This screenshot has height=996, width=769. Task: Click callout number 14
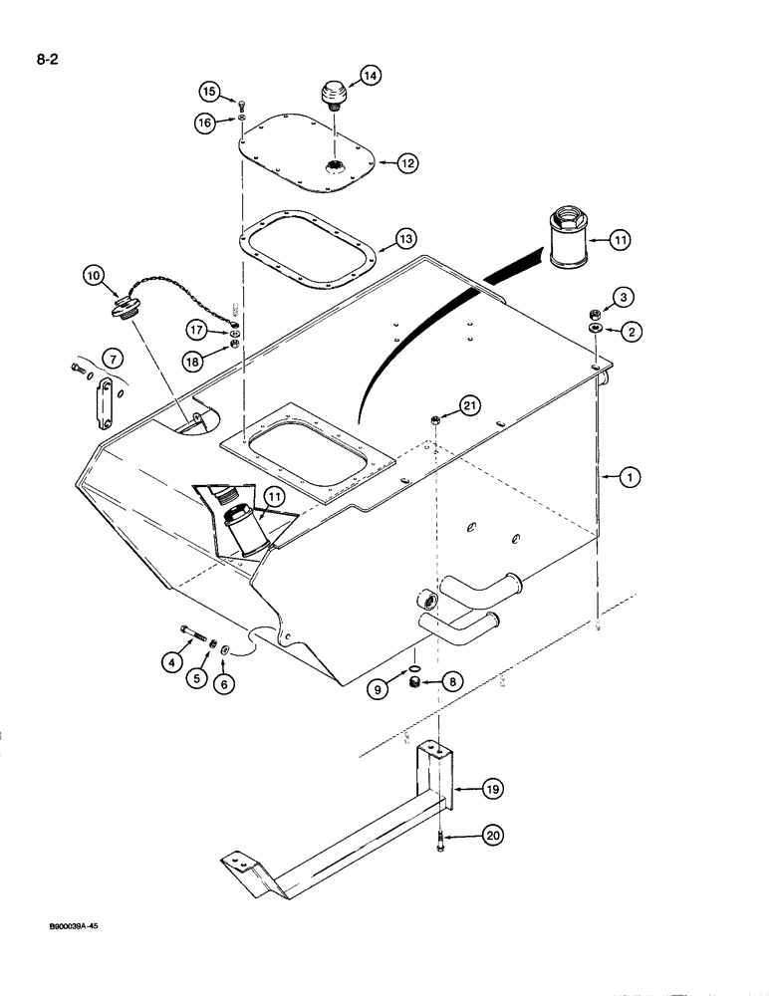343,75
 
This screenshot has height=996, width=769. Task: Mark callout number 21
470,403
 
